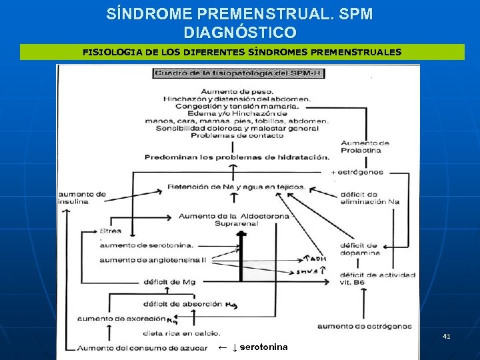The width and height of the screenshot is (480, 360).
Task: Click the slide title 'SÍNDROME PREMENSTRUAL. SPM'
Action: (x=239, y=13)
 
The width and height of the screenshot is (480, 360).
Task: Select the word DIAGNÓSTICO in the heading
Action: (x=239, y=32)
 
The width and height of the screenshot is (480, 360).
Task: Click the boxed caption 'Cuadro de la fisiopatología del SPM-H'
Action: (x=238, y=73)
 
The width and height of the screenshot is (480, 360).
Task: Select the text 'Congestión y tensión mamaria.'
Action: (x=237, y=105)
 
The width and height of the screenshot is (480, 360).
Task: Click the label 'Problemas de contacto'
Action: (x=237, y=135)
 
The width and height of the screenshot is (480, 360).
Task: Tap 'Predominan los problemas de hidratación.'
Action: (x=237, y=157)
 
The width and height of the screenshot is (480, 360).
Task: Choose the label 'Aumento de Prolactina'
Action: (x=365, y=147)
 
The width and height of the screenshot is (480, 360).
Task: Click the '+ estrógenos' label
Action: (x=357, y=172)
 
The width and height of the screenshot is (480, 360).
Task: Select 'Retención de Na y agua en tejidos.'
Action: (x=237, y=187)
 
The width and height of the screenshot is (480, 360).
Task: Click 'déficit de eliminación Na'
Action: (x=369, y=198)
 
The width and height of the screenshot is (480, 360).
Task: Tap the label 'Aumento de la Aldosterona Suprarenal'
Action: (x=234, y=221)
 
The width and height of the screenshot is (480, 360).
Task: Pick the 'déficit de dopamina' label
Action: (x=359, y=249)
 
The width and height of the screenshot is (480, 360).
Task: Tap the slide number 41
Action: (x=447, y=337)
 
